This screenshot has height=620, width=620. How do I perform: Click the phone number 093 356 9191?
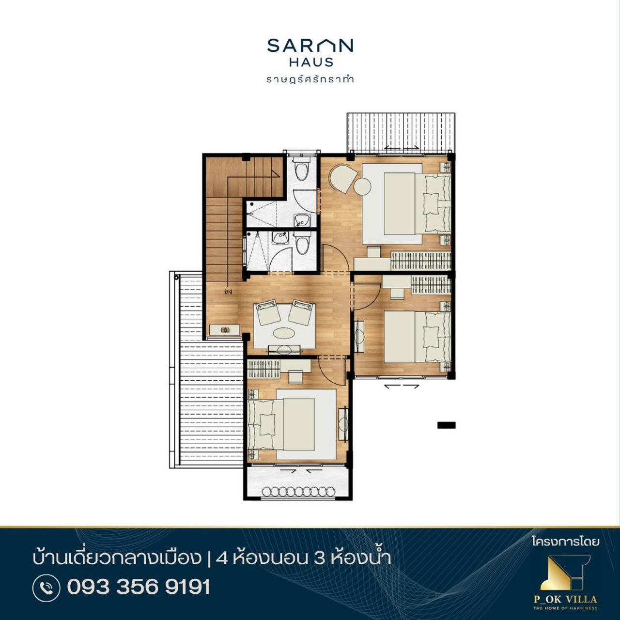point(139,587)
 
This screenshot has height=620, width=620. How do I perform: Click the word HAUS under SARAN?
point(311,62)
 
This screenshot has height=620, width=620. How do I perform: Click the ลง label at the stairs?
point(228,292)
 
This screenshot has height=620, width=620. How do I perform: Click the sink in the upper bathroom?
point(301,220)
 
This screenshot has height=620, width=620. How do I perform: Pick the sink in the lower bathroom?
point(280,238)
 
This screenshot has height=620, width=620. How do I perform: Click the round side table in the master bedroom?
point(362,186)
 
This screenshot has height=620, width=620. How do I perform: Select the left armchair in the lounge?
point(267,312)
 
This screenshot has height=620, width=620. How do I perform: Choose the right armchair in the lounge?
point(300,312)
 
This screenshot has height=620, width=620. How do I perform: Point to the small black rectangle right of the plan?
point(447,425)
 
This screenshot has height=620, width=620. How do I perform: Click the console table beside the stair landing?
point(225,330)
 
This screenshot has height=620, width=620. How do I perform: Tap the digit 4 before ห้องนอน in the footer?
point(221,558)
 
